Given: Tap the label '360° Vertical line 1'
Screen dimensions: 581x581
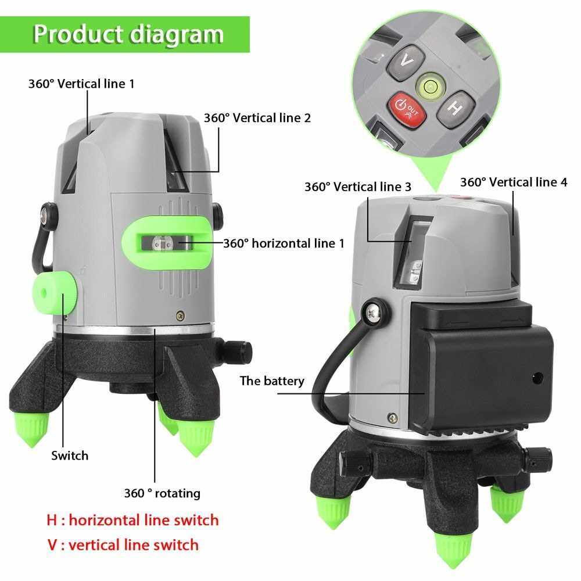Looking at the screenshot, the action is point(81,84).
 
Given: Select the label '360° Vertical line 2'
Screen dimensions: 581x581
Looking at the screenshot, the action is point(257,118).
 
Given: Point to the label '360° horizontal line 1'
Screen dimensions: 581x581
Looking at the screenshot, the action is point(284,243).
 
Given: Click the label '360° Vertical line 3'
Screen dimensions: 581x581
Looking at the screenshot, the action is point(358,187).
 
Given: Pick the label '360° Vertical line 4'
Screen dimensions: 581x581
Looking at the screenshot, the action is point(514,182).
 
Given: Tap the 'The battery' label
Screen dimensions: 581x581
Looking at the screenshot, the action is point(272,381).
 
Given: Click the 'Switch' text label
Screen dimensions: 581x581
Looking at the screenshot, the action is point(70,456).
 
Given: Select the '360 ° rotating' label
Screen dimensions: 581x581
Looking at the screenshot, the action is point(162,493).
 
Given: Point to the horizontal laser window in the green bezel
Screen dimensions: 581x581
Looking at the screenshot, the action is point(167,243).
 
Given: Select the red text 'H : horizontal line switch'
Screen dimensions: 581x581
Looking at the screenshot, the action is point(132,520).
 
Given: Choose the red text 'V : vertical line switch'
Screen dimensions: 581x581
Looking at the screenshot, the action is point(123,545).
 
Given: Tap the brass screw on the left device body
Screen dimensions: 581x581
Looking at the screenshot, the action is point(181,315).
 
